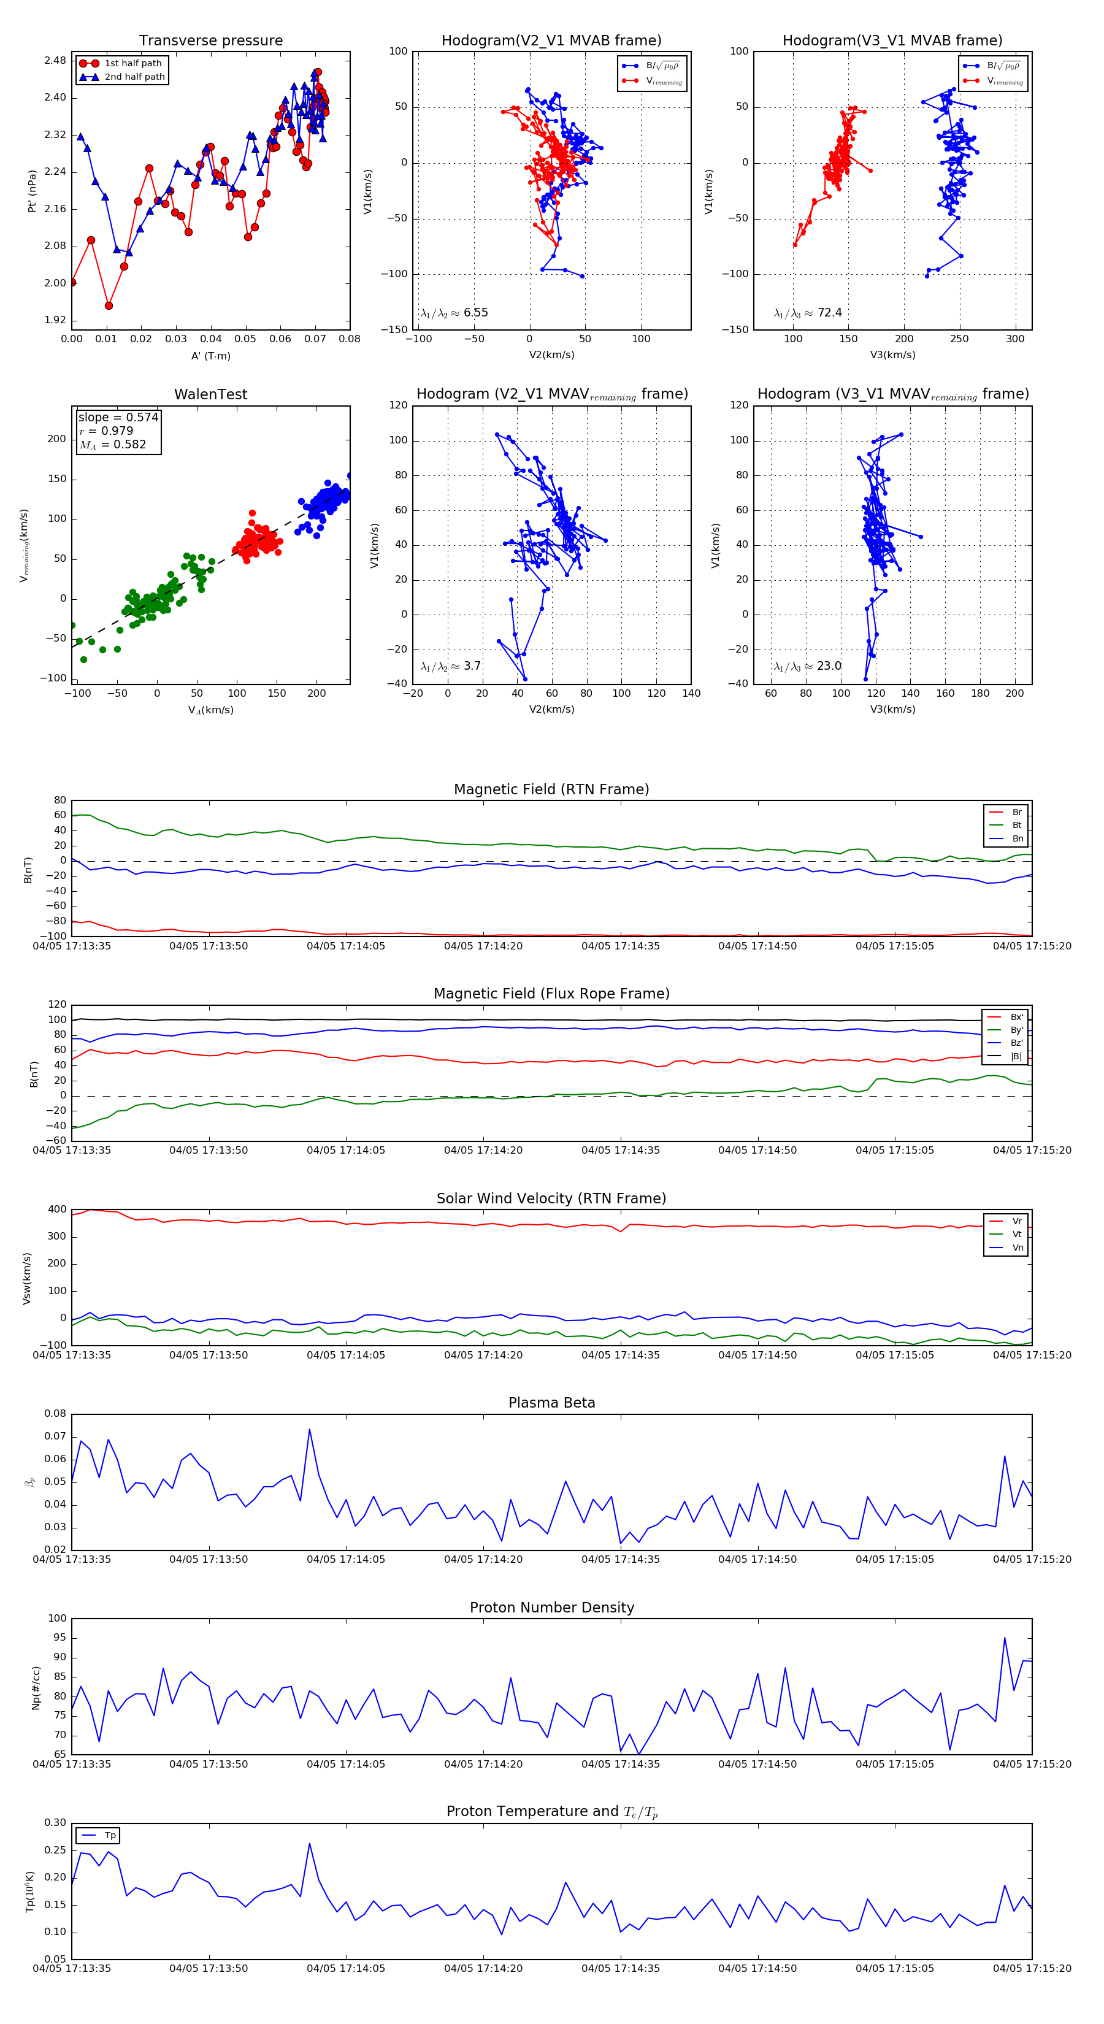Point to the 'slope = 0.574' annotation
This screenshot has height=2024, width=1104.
[x=118, y=417]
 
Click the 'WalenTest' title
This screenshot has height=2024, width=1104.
[x=210, y=394]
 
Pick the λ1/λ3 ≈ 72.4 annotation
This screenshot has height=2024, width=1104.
[x=808, y=313]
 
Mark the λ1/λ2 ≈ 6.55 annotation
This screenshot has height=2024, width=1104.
[x=454, y=313]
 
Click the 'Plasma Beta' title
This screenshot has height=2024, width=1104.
[x=551, y=1403]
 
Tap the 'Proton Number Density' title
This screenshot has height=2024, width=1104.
[x=551, y=1608]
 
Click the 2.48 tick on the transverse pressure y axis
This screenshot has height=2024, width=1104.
[x=55, y=61]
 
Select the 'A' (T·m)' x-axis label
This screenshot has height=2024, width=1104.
[x=210, y=356]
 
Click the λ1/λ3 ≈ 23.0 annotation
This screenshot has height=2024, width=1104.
[x=808, y=666]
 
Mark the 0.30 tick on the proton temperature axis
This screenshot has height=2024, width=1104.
[x=55, y=1823]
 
